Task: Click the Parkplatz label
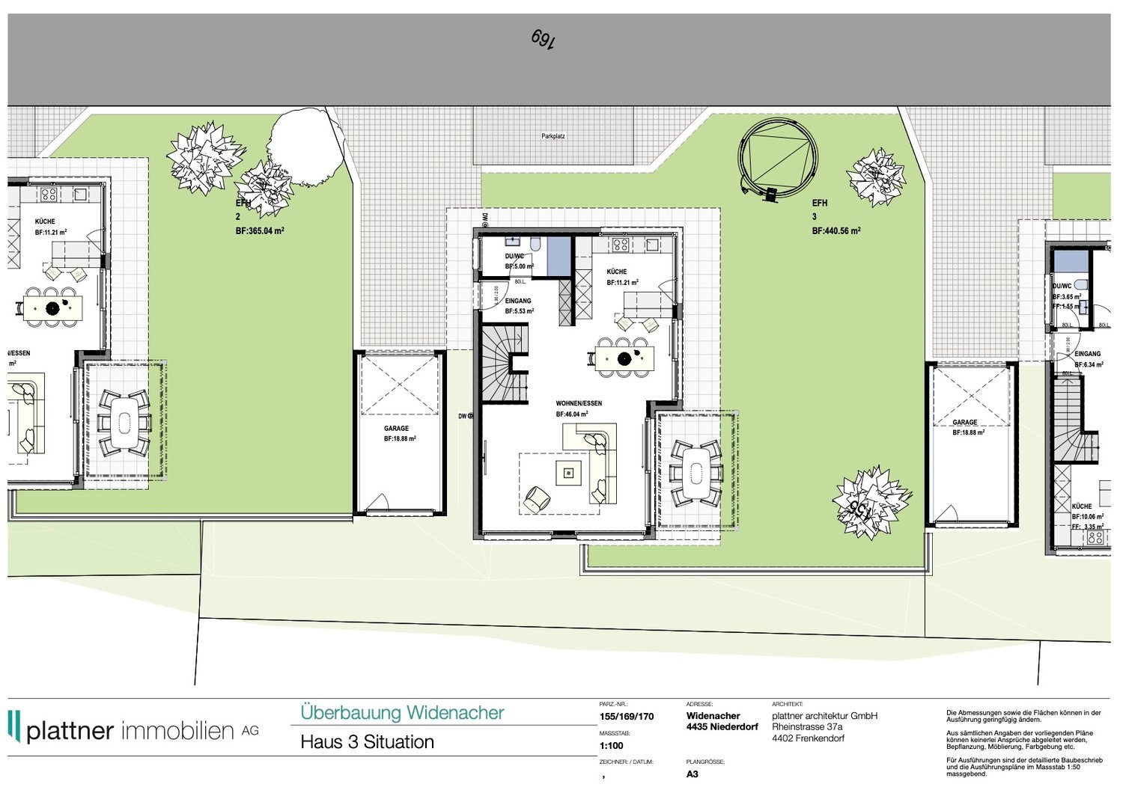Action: click(x=553, y=136)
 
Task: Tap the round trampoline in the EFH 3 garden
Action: click(x=778, y=158)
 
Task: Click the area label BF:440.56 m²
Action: click(x=836, y=231)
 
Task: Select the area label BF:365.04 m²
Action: click(x=260, y=231)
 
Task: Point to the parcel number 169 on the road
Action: click(x=544, y=39)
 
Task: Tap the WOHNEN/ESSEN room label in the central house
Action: click(x=578, y=403)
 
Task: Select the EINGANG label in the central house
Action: click(x=518, y=301)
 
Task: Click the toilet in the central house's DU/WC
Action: click(x=535, y=244)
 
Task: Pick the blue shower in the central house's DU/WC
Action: click(x=559, y=256)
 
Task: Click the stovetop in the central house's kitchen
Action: click(x=620, y=244)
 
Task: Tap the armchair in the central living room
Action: click(x=536, y=498)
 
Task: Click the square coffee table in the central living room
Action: click(x=568, y=473)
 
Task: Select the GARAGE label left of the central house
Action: click(x=396, y=429)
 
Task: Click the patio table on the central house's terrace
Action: click(x=696, y=472)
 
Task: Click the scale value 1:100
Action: click(x=612, y=746)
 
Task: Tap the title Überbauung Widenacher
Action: click(x=402, y=713)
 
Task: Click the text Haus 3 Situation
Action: click(x=367, y=742)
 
